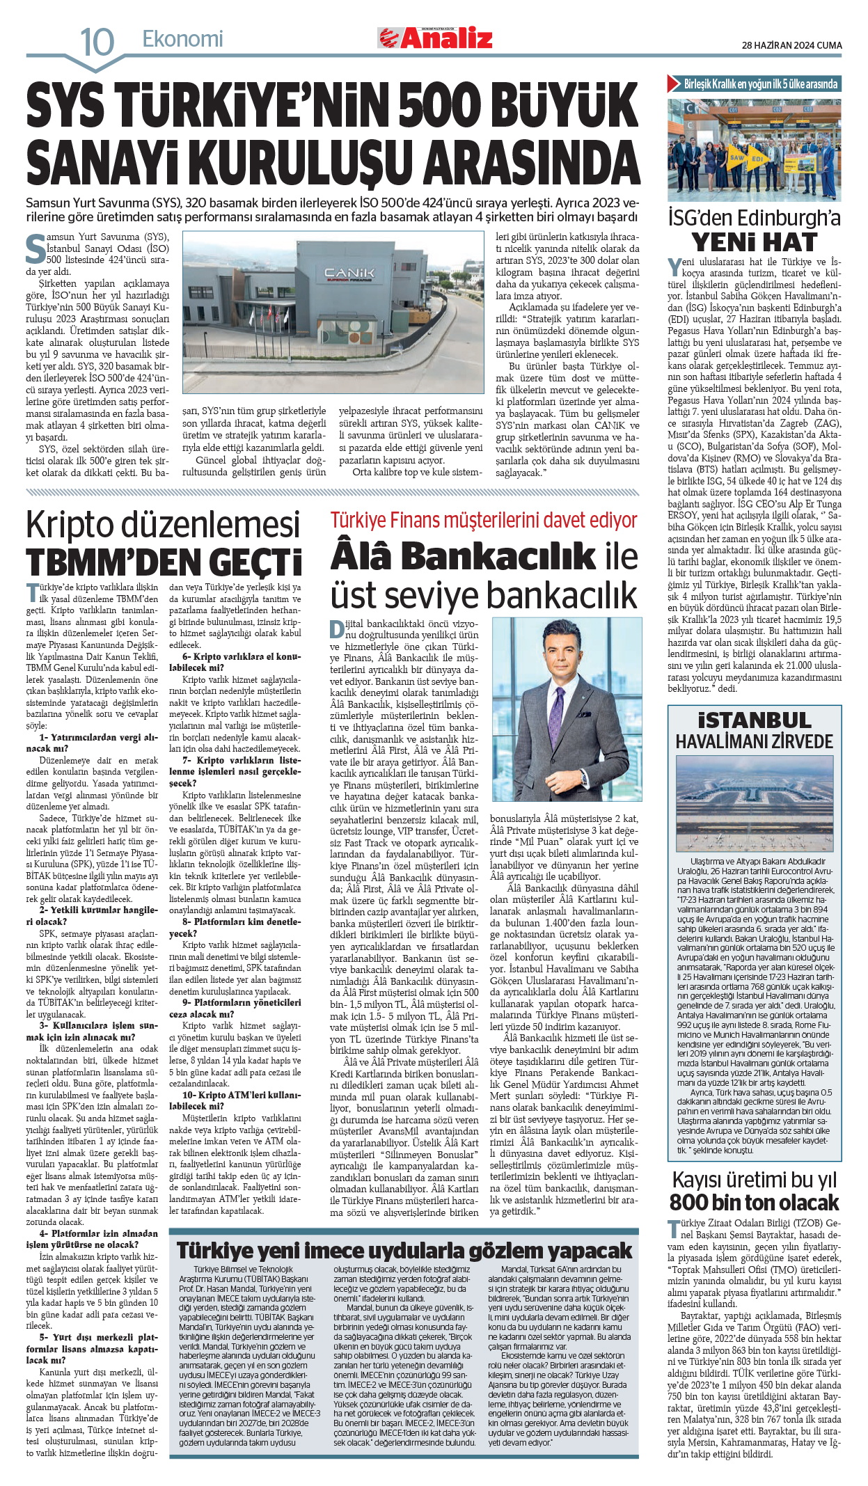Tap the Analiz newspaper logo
(x=436, y=38)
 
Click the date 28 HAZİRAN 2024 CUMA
(x=791, y=45)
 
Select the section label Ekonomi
(x=182, y=39)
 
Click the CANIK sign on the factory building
(x=349, y=272)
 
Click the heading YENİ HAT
(x=754, y=242)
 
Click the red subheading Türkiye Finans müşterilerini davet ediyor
(x=484, y=520)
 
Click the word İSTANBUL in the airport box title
(x=754, y=720)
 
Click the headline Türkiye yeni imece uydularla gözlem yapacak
(x=404, y=1251)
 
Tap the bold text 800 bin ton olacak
(x=754, y=1202)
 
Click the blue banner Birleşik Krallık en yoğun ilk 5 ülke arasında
(x=754, y=84)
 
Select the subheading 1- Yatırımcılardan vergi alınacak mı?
(x=93, y=743)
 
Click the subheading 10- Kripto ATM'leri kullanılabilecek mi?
(x=235, y=1100)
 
